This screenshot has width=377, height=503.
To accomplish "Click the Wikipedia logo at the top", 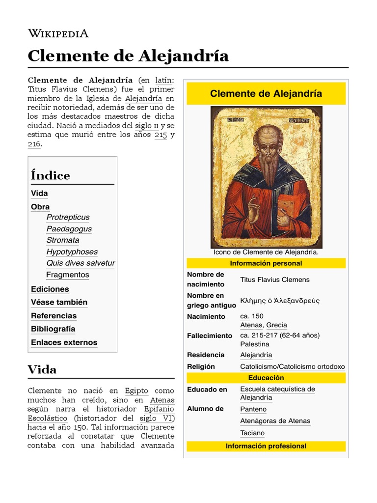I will (x=58, y=33).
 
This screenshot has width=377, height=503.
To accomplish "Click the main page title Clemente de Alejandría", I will (x=128, y=56).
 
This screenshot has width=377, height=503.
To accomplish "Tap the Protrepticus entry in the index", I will (x=68, y=217).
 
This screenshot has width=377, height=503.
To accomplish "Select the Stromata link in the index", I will (x=63, y=240).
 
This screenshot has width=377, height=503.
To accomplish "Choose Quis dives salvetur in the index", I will (x=81, y=263).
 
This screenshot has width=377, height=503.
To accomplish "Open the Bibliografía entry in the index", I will (x=53, y=329).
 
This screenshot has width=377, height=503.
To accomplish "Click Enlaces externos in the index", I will (x=64, y=342).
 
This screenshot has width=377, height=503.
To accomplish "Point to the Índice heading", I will (x=50, y=175).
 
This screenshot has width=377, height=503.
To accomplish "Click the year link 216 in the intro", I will (x=34, y=144).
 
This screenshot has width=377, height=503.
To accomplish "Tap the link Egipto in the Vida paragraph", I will (x=136, y=391).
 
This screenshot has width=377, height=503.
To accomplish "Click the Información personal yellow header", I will (x=266, y=263).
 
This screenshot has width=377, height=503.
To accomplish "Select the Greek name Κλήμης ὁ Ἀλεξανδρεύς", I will (x=280, y=301).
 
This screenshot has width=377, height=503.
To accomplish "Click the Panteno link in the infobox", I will (x=253, y=409).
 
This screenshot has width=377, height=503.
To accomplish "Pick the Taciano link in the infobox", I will (x=252, y=433).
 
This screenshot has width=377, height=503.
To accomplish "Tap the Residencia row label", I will (x=206, y=355).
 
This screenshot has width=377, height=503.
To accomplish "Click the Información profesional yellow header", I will (x=266, y=446).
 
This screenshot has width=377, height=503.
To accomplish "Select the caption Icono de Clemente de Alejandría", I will (x=266, y=252).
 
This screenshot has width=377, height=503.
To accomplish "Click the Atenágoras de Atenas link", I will (x=275, y=421).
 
